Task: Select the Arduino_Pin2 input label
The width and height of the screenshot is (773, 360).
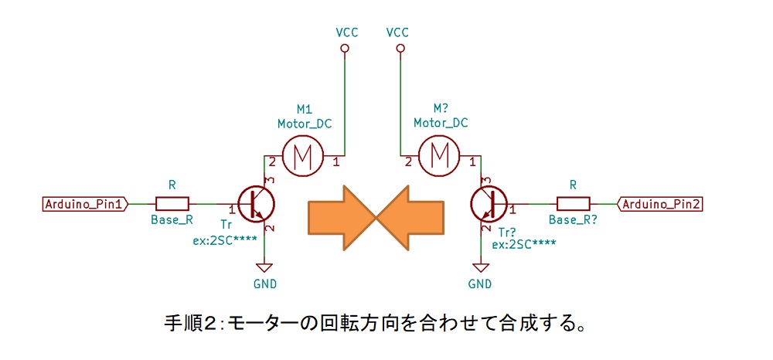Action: pos(662,204)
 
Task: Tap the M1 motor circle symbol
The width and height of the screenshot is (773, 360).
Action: pos(301,157)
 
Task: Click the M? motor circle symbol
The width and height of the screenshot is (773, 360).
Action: pos(439,157)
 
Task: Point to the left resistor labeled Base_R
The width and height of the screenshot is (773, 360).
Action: pos(172,204)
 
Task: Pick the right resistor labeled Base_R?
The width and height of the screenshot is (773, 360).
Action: pos(573,204)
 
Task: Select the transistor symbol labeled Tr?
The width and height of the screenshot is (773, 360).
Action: pos(489,203)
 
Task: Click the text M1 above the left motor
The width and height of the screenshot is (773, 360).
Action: pos(304,109)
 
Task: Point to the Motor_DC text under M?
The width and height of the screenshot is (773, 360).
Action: pos(441,123)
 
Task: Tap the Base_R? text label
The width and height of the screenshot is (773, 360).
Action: pos(574,220)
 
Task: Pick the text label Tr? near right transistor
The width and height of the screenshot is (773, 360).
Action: pos(508,230)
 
